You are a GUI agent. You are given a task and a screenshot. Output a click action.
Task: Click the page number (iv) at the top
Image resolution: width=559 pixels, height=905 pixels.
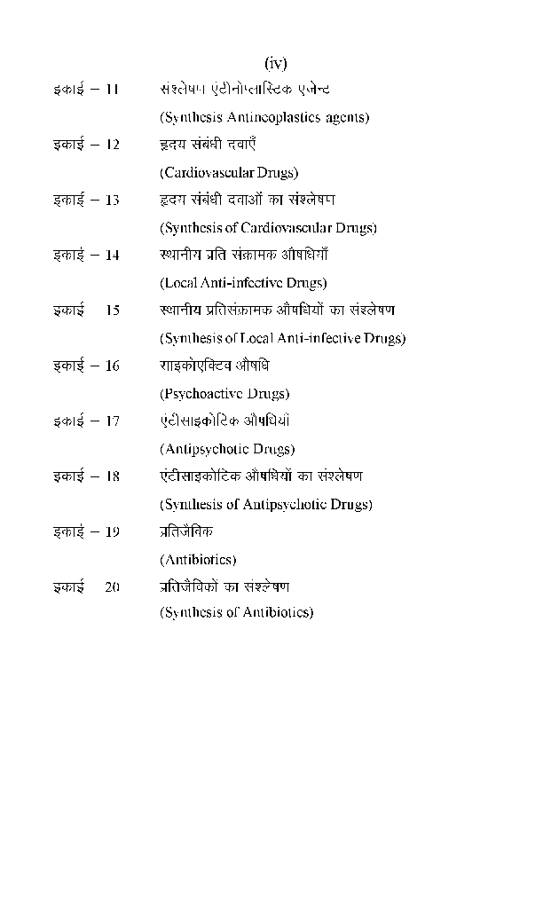[276, 63]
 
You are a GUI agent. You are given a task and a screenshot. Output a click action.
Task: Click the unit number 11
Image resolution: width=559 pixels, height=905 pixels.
[112, 90]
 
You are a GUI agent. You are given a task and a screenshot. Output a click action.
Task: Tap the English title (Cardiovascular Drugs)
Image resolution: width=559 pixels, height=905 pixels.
[229, 172]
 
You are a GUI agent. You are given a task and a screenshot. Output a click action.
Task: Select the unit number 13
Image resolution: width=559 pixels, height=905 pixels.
[112, 201]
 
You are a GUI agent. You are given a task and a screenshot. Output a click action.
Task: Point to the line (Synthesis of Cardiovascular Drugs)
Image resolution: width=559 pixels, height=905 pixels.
[268, 228]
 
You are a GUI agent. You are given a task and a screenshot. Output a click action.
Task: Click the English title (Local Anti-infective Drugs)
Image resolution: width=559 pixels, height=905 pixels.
[243, 283]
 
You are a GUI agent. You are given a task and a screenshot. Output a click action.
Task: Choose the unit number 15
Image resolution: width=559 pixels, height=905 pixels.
[112, 311]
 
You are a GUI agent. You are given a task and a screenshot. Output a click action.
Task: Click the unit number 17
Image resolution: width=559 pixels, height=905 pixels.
[112, 421]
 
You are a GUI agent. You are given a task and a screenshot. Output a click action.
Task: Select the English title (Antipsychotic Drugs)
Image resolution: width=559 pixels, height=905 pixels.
[227, 449]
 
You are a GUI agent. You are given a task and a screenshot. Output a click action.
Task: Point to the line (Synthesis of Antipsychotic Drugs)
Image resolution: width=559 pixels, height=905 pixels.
[265, 505]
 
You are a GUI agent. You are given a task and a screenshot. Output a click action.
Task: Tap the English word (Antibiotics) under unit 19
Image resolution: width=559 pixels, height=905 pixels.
[198, 560]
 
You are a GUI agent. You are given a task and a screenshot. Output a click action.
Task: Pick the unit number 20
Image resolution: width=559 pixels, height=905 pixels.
[112, 587]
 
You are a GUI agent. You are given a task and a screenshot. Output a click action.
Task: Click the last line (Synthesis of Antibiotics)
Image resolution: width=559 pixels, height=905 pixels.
[236, 612]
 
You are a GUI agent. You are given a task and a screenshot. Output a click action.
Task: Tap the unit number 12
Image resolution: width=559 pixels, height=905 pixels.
[112, 145]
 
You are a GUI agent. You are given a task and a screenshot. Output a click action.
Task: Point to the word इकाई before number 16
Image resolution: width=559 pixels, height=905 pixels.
[68, 366]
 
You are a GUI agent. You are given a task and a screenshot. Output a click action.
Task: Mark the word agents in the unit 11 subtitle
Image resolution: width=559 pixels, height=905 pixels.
[346, 117]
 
